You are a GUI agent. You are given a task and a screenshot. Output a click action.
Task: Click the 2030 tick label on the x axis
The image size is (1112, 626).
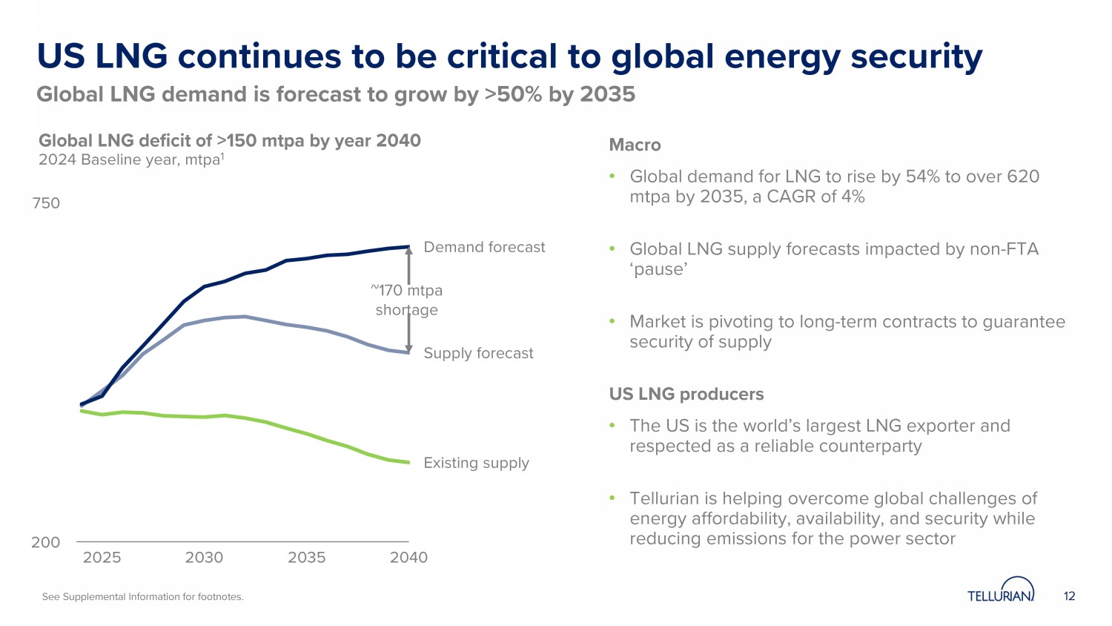(x=204, y=558)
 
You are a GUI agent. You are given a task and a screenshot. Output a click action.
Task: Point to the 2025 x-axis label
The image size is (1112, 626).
(x=102, y=558)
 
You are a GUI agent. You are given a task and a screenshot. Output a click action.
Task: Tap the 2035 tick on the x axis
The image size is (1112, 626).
(x=306, y=558)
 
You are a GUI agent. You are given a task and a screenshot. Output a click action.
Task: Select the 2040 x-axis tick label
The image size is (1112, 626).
(x=408, y=558)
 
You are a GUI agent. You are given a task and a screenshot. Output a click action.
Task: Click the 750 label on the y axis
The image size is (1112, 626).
(x=46, y=203)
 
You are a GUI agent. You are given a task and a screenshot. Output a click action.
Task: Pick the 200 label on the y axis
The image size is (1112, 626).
(x=45, y=542)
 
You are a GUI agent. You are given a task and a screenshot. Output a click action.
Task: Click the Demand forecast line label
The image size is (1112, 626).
(x=484, y=247)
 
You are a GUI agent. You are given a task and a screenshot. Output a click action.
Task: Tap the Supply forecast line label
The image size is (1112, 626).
(x=478, y=353)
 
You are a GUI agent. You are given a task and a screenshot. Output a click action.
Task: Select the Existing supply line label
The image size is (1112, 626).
(x=476, y=463)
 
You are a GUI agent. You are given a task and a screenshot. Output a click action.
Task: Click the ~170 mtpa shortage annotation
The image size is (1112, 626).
(x=407, y=300)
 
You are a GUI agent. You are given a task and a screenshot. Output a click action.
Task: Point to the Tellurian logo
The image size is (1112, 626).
(x=1001, y=592)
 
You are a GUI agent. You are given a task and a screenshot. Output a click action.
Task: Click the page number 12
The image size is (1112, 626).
(x=1069, y=596)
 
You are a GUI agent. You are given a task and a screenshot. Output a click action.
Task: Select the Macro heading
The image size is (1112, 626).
(x=635, y=145)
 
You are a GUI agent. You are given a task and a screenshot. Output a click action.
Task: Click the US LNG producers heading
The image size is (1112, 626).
(x=686, y=394)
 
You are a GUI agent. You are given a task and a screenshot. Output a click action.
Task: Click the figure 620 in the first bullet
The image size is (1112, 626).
(x=1023, y=177)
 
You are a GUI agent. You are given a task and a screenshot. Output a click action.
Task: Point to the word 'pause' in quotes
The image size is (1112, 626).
(x=658, y=269)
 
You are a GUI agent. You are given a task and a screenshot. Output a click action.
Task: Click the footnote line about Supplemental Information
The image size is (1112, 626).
(x=142, y=597)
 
